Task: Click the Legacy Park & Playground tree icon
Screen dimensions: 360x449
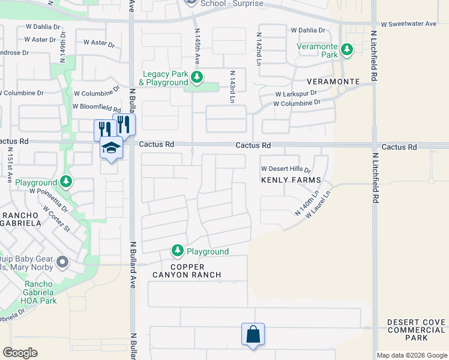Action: [x=196, y=77]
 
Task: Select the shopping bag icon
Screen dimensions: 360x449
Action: [x=253, y=334]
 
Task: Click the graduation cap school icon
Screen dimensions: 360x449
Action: [x=111, y=148]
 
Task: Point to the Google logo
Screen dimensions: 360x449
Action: [x=20, y=353]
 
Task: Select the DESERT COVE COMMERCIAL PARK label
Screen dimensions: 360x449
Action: [x=416, y=330]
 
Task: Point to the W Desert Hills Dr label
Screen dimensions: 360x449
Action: [x=285, y=170]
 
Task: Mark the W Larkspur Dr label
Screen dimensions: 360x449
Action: [x=296, y=94]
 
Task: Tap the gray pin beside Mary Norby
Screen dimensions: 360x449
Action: [x=63, y=262]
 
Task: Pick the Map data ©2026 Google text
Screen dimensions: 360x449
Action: [x=411, y=355]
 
